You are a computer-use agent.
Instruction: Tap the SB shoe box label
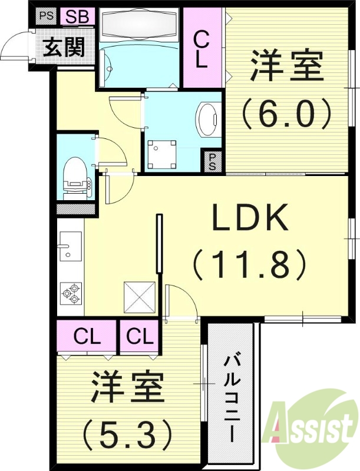(77, 16)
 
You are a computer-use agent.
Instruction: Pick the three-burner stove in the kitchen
(70, 293)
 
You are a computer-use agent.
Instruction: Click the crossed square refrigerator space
(139, 299)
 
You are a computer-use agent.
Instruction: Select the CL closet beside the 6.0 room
(202, 50)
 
